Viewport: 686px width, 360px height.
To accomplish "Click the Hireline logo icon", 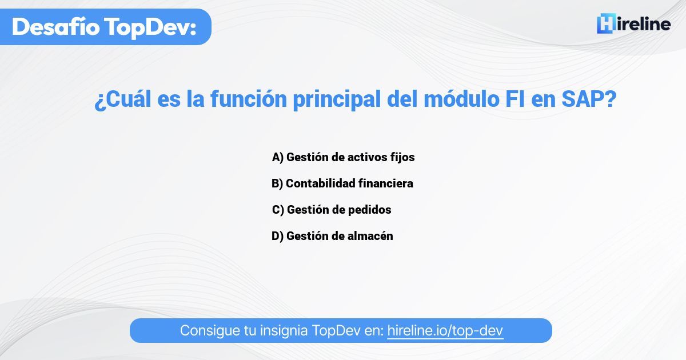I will pyautogui.click(x=605, y=24).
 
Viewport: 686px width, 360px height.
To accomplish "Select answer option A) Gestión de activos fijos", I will pyautogui.click(x=343, y=157).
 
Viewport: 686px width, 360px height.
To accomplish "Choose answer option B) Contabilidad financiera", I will pyautogui.click(x=342, y=183).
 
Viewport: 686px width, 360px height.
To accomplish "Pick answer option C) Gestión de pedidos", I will pyautogui.click(x=332, y=210).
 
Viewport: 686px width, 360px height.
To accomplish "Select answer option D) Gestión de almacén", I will pyautogui.click(x=332, y=236).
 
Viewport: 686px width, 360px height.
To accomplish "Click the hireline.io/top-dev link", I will pyautogui.click(x=445, y=330).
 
